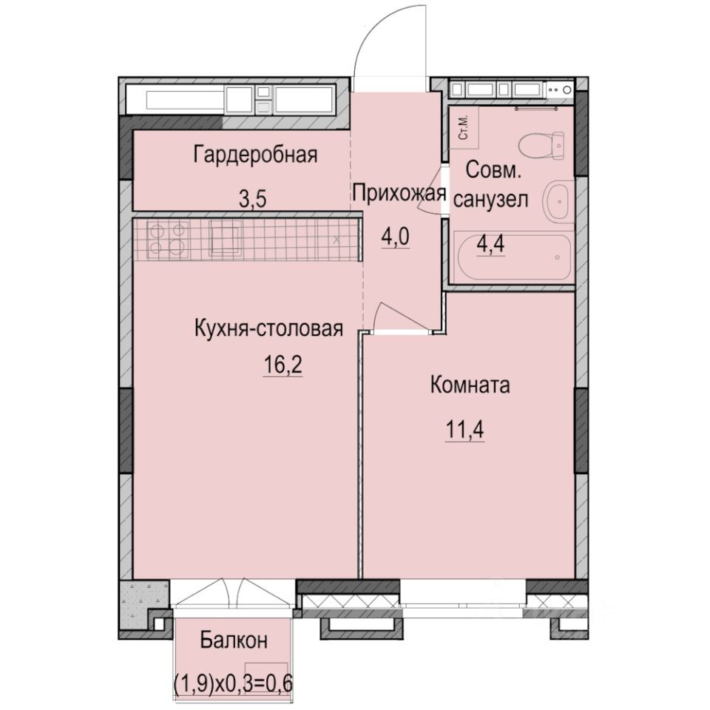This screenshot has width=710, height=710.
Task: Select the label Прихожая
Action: (x=399, y=194)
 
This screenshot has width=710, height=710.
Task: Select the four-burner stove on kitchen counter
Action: (x=167, y=239)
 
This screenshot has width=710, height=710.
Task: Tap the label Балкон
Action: (x=234, y=641)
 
